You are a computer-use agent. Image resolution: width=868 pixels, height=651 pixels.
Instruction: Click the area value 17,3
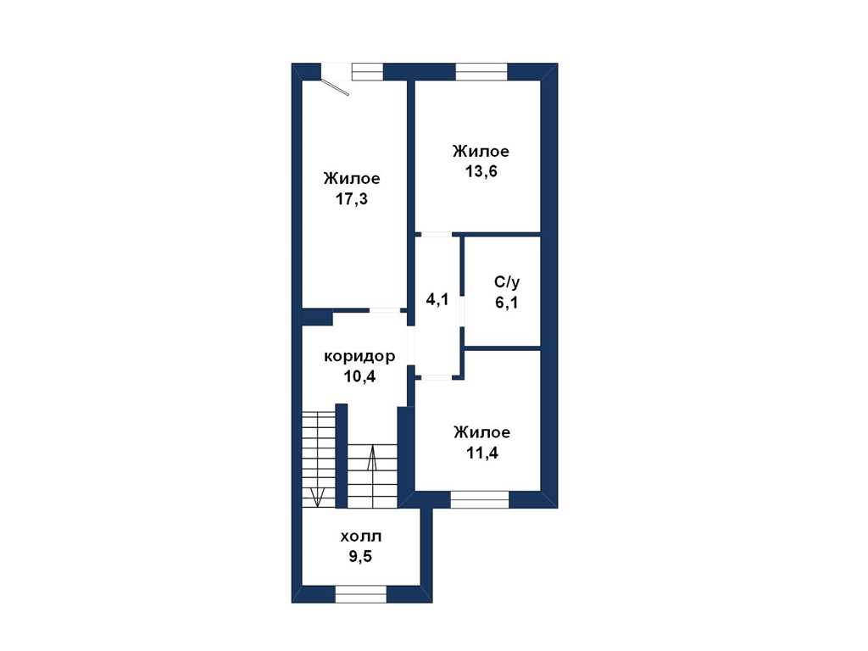tap(352, 198)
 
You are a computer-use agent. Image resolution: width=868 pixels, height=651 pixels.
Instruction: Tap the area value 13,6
tap(481, 171)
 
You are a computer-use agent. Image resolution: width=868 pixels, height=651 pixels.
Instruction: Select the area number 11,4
tap(481, 453)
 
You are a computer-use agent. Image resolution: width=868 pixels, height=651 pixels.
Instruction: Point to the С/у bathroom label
tap(507, 282)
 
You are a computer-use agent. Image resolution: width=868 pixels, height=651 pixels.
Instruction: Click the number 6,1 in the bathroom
tap(507, 303)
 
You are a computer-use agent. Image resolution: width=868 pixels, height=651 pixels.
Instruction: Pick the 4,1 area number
tap(437, 299)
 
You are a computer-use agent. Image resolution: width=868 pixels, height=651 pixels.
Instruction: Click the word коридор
tap(359, 357)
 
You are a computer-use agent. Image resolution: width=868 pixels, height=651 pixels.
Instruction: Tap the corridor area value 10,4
tap(359, 376)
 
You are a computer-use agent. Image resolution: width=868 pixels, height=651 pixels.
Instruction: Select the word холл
tap(361, 537)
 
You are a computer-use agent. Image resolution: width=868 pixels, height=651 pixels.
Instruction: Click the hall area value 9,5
tap(360, 556)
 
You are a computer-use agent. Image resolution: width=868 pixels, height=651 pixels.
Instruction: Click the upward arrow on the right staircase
tap(372, 459)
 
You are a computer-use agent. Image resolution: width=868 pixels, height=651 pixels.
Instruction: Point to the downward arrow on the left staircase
tap(317, 497)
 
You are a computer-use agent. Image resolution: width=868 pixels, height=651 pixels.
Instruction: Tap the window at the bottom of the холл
tap(361, 594)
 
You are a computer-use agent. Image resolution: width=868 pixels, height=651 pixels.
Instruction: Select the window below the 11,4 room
tap(480, 499)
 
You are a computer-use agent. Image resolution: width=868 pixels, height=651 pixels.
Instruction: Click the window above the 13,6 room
tap(481, 72)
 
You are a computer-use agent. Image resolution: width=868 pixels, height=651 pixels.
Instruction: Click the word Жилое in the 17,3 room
tap(352, 178)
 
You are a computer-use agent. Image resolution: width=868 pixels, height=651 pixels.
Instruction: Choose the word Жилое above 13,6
tap(481, 151)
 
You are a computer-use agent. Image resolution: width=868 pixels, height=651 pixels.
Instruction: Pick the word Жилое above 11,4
tap(482, 431)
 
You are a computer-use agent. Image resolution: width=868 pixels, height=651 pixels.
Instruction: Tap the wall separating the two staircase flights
tap(342, 455)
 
